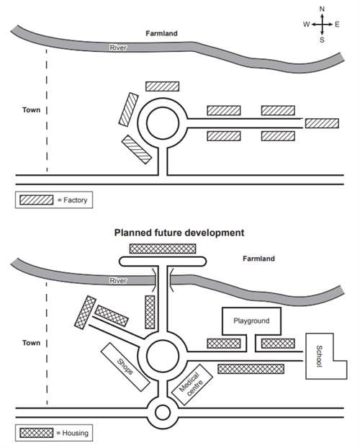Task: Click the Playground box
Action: (251, 321)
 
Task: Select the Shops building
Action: (125, 367)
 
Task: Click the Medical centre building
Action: (192, 385)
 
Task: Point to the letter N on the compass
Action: (322, 9)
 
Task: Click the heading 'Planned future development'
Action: (179, 233)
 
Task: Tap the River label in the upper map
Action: (118, 48)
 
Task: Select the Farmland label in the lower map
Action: (258, 259)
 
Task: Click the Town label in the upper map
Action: (32, 109)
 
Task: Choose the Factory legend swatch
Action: (37, 200)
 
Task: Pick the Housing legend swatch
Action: (37, 433)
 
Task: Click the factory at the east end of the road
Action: (322, 123)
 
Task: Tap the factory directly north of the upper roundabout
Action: (162, 86)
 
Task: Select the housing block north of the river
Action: (163, 248)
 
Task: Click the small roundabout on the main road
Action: (163, 413)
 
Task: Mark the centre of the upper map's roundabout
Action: (163, 123)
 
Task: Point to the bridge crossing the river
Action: (163, 279)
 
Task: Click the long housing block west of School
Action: (251, 369)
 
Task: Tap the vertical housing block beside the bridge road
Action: (150, 312)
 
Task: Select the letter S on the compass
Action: (322, 40)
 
